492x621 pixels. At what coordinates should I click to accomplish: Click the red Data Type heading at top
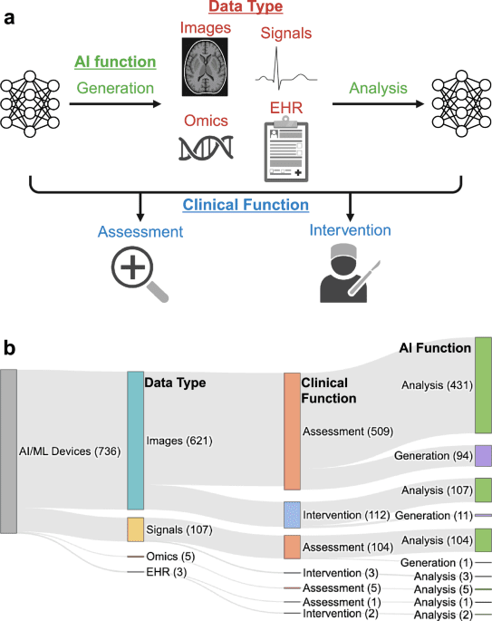click(x=246, y=7)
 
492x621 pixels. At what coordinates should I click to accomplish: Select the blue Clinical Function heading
click(x=246, y=205)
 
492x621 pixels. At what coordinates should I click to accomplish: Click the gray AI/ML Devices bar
click(x=8, y=451)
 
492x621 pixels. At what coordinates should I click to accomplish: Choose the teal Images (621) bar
click(x=135, y=440)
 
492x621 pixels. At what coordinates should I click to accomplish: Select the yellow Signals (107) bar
click(x=135, y=529)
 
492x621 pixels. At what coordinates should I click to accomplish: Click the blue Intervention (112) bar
click(x=292, y=515)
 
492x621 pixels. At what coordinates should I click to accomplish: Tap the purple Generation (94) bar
click(x=482, y=455)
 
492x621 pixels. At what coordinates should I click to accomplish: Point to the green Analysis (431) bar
click(x=482, y=385)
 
